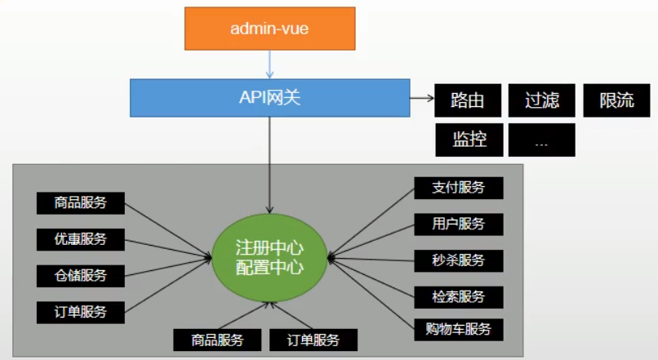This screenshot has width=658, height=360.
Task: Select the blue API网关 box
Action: point(269,98)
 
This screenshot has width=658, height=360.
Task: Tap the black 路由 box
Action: point(468,100)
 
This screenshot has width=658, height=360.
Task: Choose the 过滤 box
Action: point(541,100)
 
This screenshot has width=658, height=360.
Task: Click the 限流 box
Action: point(616,100)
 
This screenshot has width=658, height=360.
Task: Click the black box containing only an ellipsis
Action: point(541,140)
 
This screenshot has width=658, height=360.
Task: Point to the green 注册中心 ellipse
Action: point(269,257)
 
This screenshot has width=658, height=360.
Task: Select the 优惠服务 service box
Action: point(82,239)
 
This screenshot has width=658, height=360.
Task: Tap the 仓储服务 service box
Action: point(82,275)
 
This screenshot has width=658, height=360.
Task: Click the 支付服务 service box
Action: point(458,188)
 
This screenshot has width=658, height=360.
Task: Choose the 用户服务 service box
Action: point(458,224)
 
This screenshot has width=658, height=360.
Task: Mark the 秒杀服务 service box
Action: point(458,260)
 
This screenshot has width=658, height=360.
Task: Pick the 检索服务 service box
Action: point(458,296)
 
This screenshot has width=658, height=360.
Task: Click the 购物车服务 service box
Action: point(458,330)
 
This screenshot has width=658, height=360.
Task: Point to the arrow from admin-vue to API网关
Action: point(269,64)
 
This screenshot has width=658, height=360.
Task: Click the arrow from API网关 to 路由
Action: point(420,100)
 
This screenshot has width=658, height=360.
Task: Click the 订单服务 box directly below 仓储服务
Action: point(82,311)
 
